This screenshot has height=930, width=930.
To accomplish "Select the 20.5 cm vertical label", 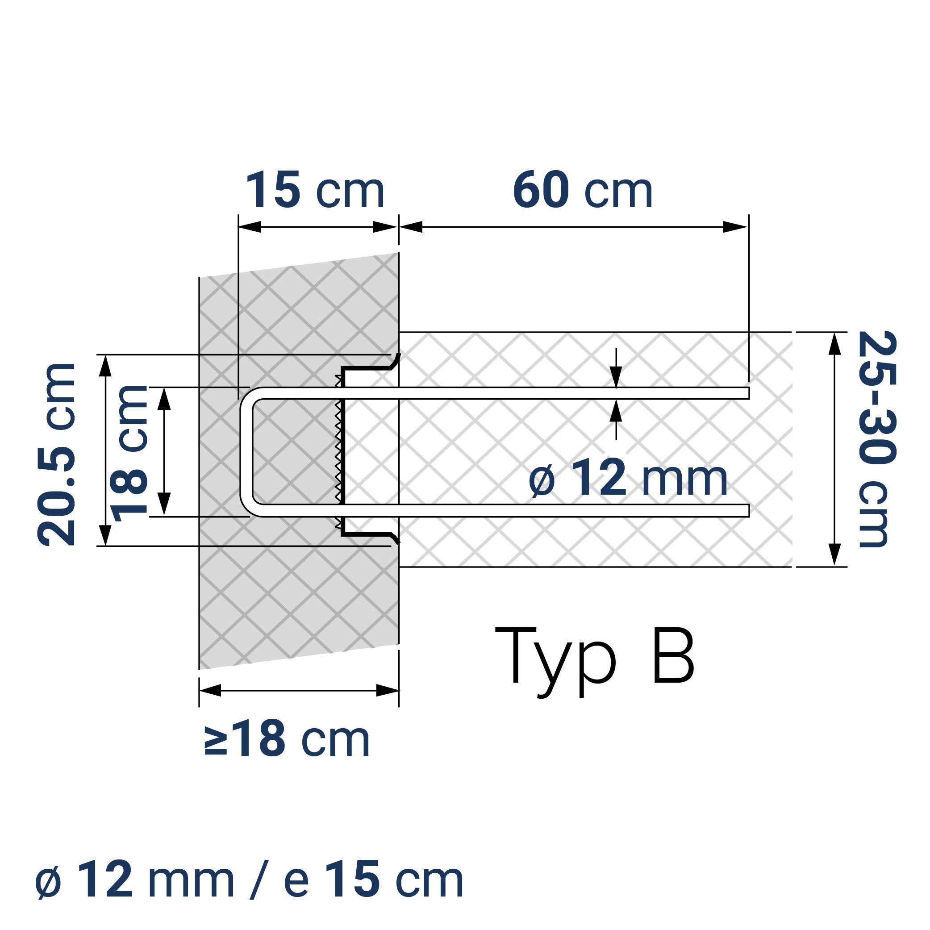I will [57, 455].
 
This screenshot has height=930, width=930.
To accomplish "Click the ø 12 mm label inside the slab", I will [628, 478].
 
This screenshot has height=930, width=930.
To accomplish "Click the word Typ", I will [555, 659].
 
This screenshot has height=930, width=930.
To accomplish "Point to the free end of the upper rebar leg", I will [747, 393].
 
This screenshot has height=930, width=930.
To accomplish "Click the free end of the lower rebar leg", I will [747, 510].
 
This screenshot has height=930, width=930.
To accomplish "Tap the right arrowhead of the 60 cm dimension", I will [735, 227].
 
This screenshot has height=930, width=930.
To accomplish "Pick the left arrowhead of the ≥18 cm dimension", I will [210, 690].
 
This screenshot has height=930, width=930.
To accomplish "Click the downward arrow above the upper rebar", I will [616, 375].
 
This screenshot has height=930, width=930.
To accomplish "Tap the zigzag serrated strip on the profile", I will [338, 452].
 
